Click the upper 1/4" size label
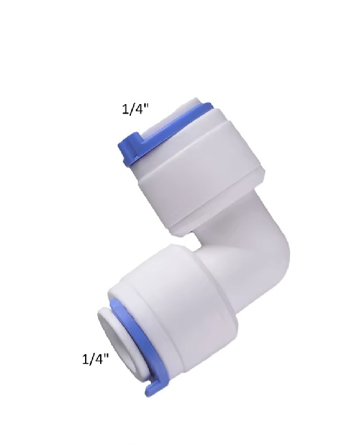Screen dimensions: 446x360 pos(136,108)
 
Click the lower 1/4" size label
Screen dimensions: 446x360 pos(96,359)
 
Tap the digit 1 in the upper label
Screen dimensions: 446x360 pos(125,108)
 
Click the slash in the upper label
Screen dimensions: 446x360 pos(132,108)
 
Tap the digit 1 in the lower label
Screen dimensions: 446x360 pos(85,359)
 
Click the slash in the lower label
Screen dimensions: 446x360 pos(92,359)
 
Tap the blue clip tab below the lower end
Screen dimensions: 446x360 pos(150,387)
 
